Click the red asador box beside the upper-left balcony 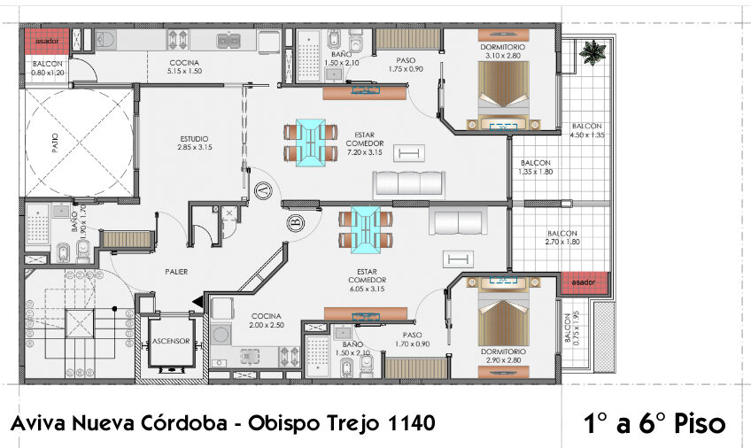tap(45, 41)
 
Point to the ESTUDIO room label tap(194, 139)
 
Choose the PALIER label tap(176, 272)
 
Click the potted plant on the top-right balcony tap(588, 54)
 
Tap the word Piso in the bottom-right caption tap(698, 424)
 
